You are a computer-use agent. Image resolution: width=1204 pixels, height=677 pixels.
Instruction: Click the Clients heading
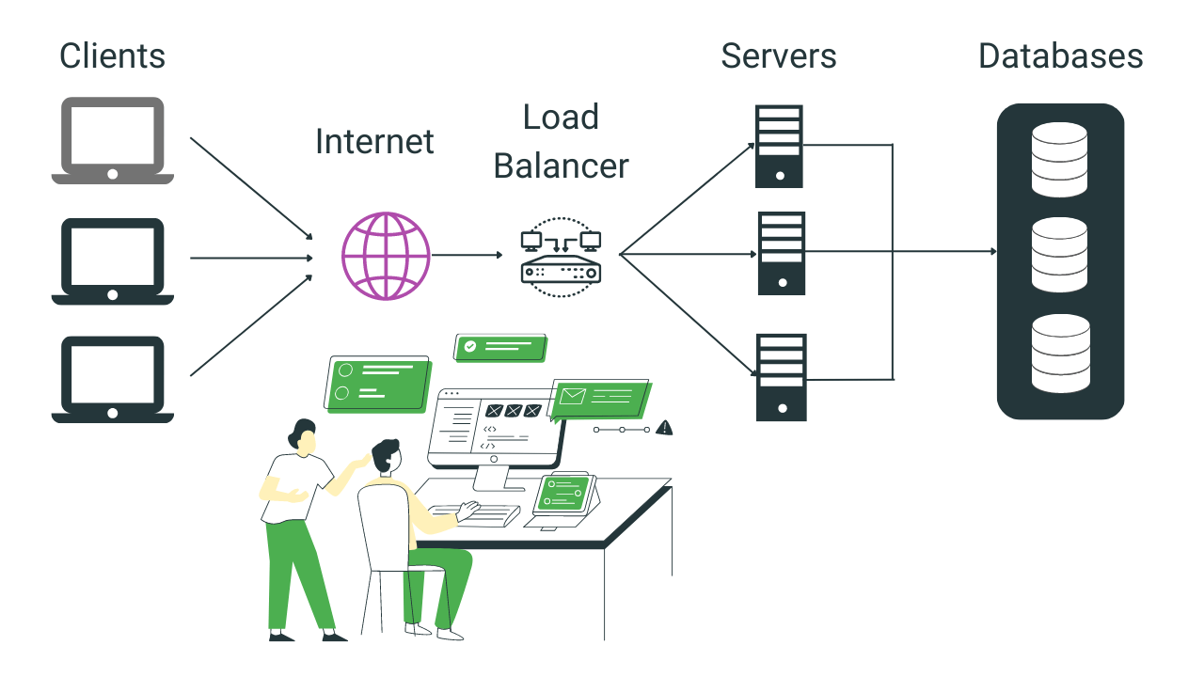click(112, 56)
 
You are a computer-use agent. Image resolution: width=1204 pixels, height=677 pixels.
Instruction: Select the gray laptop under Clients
click(112, 140)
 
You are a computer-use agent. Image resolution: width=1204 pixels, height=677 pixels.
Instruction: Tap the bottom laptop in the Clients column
click(112, 379)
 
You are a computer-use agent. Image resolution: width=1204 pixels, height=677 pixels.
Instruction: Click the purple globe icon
click(386, 256)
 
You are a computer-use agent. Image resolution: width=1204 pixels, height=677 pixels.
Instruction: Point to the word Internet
click(374, 142)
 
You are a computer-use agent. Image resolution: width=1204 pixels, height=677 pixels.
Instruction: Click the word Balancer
click(561, 166)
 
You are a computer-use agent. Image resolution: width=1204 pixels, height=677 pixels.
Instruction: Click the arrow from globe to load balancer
click(467, 255)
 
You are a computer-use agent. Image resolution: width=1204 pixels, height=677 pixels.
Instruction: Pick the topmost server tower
click(779, 146)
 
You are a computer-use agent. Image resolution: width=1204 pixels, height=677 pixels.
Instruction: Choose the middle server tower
click(782, 253)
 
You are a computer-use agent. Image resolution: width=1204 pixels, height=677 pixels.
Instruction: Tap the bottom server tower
click(782, 376)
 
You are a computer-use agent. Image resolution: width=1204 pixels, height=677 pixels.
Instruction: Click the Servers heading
click(779, 56)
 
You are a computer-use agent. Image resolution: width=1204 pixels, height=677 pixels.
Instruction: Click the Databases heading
click(1060, 56)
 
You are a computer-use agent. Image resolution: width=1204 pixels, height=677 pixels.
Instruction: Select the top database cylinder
click(1059, 159)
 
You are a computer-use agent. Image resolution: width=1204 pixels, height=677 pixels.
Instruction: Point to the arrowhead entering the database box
click(991, 252)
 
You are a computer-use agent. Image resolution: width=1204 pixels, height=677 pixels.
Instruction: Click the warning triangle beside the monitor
click(664, 428)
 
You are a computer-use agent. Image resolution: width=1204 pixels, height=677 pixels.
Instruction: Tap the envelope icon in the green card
click(572, 396)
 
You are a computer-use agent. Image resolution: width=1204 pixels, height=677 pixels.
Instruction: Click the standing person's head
click(302, 435)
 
